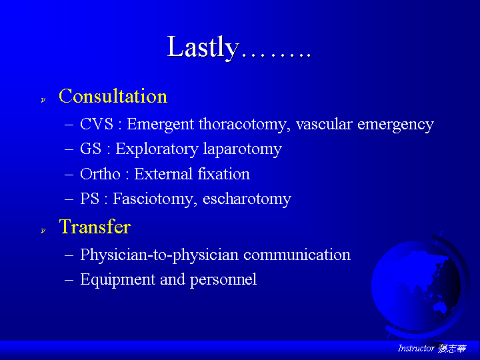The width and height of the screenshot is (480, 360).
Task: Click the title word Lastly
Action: tap(203, 47)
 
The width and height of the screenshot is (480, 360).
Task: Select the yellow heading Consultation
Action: tap(113, 96)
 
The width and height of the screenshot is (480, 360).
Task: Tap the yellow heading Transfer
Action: tap(95, 227)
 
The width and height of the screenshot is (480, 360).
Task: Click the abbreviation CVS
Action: tap(97, 124)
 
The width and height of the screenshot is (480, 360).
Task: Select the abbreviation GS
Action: tap(91, 149)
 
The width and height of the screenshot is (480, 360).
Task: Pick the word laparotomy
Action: tap(242, 150)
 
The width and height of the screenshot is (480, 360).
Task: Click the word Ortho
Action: tap(100, 174)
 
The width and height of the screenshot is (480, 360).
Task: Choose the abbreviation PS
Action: tap(90, 199)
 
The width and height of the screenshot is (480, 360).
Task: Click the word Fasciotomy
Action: tap(154, 199)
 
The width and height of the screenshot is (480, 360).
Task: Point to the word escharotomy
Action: tap(247, 199)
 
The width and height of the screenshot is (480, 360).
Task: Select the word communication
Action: tap(297, 255)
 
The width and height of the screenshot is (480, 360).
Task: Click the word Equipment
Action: tap(117, 280)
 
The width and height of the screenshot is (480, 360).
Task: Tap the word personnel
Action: tap(223, 280)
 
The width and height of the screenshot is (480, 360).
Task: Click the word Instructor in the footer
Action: tap(416, 349)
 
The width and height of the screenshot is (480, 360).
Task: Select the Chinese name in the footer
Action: tap(452, 349)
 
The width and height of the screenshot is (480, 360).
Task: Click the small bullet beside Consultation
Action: tap(43, 100)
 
